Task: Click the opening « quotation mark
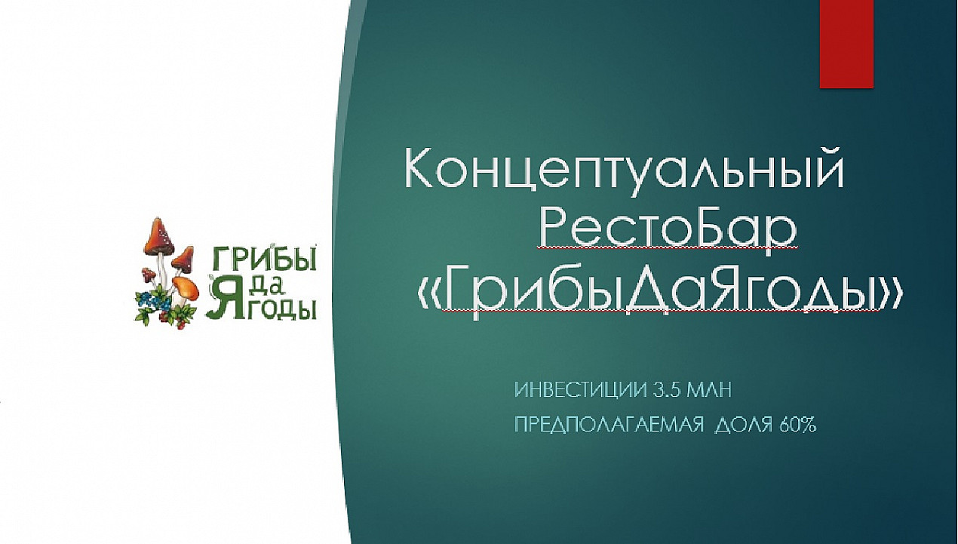429,295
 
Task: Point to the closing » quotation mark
891,295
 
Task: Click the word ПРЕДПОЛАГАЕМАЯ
609,425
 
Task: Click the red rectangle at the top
846,44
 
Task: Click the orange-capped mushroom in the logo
186,287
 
